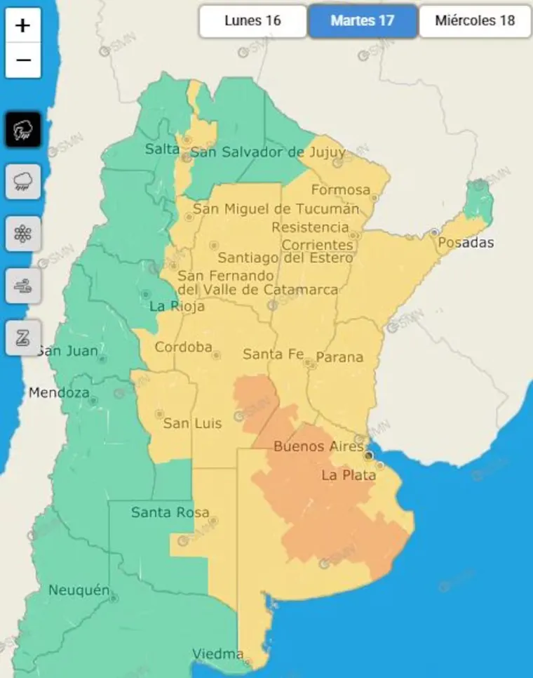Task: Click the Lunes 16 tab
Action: pyautogui.click(x=252, y=21)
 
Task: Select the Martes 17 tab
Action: pyautogui.click(x=363, y=21)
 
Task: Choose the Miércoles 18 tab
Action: pyautogui.click(x=475, y=21)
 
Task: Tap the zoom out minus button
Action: pyautogui.click(x=23, y=60)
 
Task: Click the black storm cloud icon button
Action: pyautogui.click(x=23, y=129)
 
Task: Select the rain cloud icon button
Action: pyautogui.click(x=23, y=182)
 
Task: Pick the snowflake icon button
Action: pyautogui.click(x=23, y=234)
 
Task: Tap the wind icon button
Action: pyautogui.click(x=23, y=286)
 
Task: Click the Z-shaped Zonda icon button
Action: pyautogui.click(x=23, y=338)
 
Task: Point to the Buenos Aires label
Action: pyautogui.click(x=318, y=446)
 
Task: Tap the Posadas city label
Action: pyautogui.click(x=466, y=244)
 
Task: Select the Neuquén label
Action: pyautogui.click(x=79, y=590)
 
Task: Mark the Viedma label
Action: pyautogui.click(x=218, y=654)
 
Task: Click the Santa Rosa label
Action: pyautogui.click(x=170, y=513)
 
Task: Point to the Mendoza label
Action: pyautogui.click(x=59, y=393)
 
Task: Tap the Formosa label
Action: pyautogui.click(x=340, y=190)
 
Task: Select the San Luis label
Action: pyautogui.click(x=192, y=423)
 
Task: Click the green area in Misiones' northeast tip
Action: pyautogui.click(x=480, y=200)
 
